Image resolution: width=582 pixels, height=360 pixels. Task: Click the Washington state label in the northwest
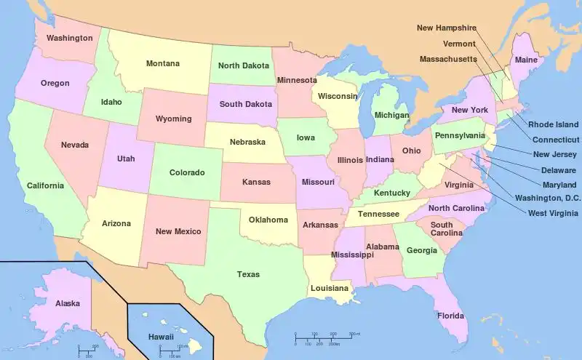coord(69,38)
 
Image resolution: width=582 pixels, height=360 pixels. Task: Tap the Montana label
coord(162,64)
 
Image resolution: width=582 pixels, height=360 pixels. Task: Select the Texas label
coord(248,275)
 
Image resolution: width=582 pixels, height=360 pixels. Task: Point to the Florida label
coord(450,316)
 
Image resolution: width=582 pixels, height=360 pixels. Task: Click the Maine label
coord(526,60)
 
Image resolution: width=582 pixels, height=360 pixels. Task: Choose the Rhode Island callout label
coord(553,125)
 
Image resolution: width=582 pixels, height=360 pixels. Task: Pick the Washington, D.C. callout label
coord(548,198)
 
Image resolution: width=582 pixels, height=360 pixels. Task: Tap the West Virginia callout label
coord(554,213)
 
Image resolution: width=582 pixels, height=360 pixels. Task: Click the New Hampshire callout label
coord(446,28)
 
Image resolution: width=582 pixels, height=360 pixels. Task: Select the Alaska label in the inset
coord(68,303)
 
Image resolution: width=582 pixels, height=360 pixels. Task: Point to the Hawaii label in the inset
coord(161,337)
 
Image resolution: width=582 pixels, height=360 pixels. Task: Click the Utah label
coord(126,158)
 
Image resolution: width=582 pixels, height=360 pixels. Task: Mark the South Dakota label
coord(245,104)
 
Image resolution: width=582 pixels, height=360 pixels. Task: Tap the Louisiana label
coord(330,288)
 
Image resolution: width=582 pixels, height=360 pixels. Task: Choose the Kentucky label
coord(391,193)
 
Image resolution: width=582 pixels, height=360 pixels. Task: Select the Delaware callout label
coord(559,170)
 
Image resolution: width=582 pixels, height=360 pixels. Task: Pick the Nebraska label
coord(247,142)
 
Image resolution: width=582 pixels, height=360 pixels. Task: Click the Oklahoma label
coord(268,220)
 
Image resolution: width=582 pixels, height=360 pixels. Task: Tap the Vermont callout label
coord(459,44)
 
